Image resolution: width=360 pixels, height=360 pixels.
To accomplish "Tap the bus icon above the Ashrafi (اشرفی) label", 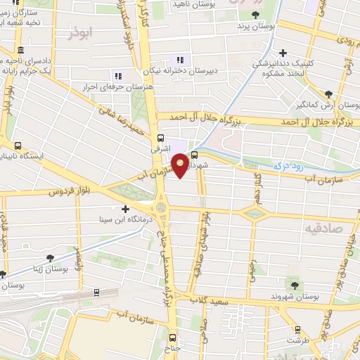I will pyautogui.click(x=161, y=138).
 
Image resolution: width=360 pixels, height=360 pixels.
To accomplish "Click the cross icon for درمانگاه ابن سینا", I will pyautogui.click(x=126, y=209).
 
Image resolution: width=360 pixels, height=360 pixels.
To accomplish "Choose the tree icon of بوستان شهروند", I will pyautogui.click(x=295, y=285).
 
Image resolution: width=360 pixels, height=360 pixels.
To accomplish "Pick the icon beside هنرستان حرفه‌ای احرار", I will pyautogui.click(x=118, y=76).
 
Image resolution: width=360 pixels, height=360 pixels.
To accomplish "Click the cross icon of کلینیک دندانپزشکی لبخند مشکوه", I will pyautogui.click(x=283, y=53).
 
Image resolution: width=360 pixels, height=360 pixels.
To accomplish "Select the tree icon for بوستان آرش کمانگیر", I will pyautogui.click(x=328, y=94).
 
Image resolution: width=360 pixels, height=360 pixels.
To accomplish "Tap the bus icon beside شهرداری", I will pyautogui.click(x=195, y=155).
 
